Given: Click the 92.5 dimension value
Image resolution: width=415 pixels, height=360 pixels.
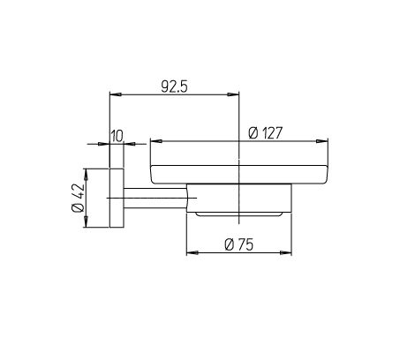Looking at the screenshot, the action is click(174, 86).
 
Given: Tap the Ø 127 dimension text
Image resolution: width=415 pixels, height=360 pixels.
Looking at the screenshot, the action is click(265, 133).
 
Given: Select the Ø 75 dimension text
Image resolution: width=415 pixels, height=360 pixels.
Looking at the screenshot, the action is click(238, 244).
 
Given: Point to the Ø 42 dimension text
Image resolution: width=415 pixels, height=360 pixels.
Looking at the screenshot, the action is click(78, 198).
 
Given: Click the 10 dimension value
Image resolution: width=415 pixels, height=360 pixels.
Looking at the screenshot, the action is click(117, 136).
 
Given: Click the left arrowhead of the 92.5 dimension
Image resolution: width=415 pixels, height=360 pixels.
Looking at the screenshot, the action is click(115, 94).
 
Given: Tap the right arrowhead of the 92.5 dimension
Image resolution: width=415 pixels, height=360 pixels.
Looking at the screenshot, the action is click(233, 94).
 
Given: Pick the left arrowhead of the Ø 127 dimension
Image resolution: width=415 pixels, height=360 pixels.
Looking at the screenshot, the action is click(156, 141).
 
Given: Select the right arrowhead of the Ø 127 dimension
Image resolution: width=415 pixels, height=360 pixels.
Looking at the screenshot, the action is click(322, 141).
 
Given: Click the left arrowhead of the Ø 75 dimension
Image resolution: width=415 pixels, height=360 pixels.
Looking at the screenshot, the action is click(192, 252).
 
